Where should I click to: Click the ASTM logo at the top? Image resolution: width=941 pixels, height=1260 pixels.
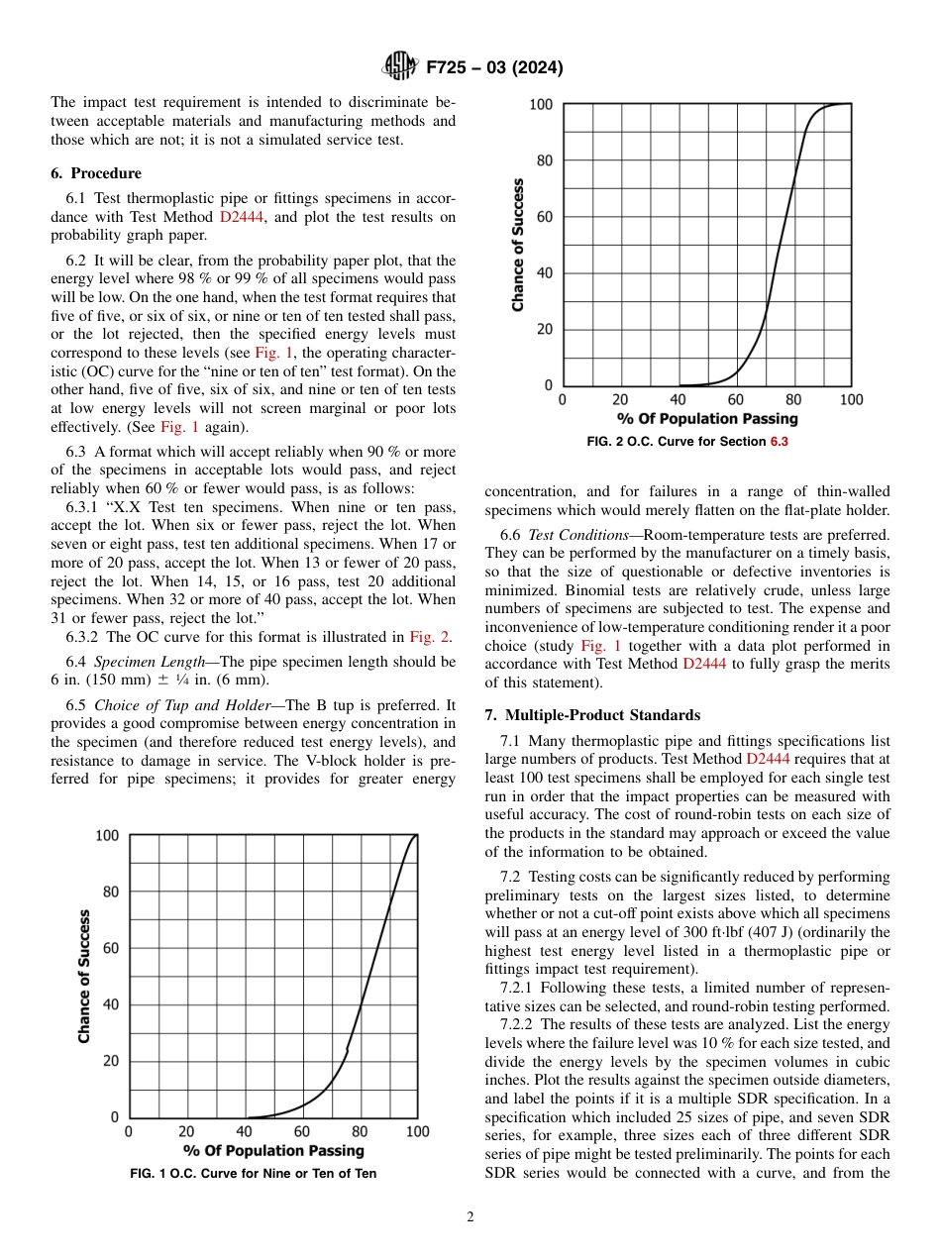pos(399,67)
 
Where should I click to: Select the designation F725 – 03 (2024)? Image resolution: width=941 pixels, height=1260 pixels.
pos(494,68)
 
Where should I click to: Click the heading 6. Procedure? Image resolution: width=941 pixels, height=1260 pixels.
pos(96,173)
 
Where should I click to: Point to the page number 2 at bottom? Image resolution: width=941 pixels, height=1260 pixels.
pos(470,1217)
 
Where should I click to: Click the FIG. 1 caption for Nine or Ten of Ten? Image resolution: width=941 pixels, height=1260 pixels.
pos(253,1174)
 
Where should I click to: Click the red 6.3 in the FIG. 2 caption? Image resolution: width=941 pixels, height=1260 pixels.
pos(780,442)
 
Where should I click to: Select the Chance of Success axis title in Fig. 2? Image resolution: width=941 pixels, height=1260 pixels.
pos(518,245)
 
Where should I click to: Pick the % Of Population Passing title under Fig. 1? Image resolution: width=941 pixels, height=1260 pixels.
pos(273,1151)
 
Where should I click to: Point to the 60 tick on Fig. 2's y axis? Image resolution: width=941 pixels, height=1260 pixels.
pos(545,217)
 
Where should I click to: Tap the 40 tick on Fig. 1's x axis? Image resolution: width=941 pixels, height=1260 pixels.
pos(244,1132)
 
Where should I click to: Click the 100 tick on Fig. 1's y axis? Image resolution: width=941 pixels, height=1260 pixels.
pos(107,836)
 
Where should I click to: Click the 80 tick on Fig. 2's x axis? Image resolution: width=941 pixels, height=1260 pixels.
pos(793,400)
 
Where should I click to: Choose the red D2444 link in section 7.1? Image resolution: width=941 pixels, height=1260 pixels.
pos(768,759)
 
